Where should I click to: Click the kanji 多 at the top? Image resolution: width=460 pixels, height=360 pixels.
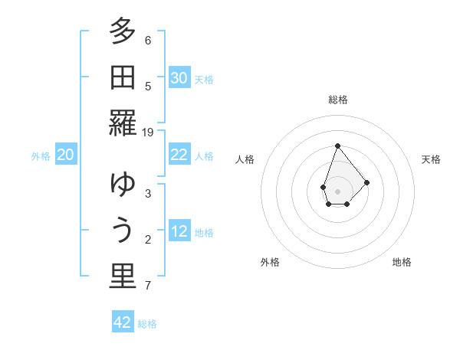click(x=123, y=34)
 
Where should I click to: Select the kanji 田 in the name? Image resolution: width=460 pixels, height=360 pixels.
click(x=123, y=78)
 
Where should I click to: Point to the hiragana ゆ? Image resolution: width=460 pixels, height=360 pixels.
click(x=123, y=186)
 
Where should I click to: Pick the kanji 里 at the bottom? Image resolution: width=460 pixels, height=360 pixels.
click(x=123, y=278)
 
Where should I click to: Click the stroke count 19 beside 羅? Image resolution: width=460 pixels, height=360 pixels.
click(x=148, y=132)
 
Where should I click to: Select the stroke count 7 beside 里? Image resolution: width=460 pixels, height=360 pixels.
click(x=148, y=286)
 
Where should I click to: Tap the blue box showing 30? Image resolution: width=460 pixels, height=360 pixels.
click(x=179, y=78)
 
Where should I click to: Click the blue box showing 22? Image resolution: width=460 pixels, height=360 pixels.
click(x=179, y=155)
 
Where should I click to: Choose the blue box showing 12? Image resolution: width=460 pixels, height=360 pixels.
click(x=179, y=231)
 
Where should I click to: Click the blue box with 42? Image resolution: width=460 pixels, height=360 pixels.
click(x=123, y=322)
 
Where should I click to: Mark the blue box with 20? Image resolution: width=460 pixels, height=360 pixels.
click(x=65, y=155)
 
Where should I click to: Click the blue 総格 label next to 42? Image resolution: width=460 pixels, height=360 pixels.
click(x=147, y=324)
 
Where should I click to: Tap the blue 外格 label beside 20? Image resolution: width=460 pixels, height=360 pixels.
click(x=41, y=156)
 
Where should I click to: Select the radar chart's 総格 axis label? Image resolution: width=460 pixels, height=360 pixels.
click(x=337, y=100)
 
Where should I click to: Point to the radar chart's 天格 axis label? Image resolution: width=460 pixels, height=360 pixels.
click(x=432, y=159)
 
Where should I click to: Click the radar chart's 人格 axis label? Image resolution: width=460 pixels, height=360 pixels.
click(x=245, y=159)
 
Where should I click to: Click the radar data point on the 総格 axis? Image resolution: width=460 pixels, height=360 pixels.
click(x=337, y=146)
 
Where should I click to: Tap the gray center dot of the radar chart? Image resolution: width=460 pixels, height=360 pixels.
click(x=337, y=190)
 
